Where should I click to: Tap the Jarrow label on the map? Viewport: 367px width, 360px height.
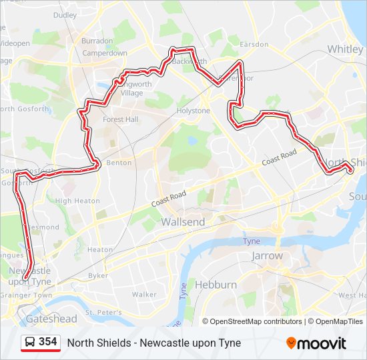267,255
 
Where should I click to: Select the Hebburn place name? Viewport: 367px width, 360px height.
216,285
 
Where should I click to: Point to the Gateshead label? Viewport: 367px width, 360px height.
51,319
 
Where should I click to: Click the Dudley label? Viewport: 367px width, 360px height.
65,15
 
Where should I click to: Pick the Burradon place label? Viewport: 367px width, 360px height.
97,41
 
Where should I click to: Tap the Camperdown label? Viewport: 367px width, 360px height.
105,53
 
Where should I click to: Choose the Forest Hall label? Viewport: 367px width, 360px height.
120,120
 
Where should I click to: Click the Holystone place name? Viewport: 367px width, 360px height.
193,111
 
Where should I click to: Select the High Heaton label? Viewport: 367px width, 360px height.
77,201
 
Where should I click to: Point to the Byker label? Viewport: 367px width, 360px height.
98,275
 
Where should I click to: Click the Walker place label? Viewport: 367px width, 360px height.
144,294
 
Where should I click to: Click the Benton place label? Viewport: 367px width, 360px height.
119,163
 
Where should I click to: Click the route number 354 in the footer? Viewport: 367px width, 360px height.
48,342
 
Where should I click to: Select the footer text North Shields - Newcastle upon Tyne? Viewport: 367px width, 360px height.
154,343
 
